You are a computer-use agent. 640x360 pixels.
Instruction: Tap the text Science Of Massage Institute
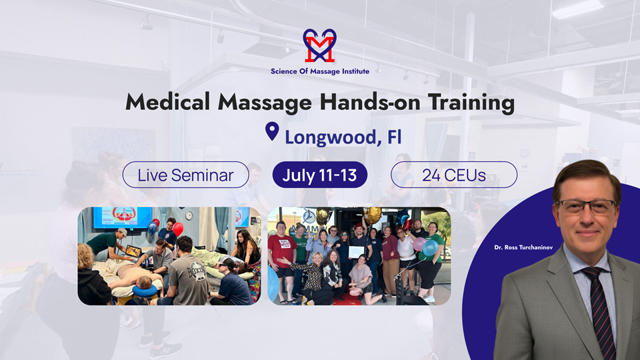coord(319,71)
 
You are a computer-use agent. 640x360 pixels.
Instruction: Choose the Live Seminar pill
coord(185,175)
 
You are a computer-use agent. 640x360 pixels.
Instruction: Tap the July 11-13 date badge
coord(319,175)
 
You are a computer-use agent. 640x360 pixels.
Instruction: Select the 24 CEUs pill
coord(453,175)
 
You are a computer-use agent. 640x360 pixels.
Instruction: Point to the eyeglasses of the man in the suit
coord(586,207)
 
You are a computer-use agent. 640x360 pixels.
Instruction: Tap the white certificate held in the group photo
coord(356,252)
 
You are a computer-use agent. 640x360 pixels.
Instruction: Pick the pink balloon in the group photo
coord(419,244)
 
